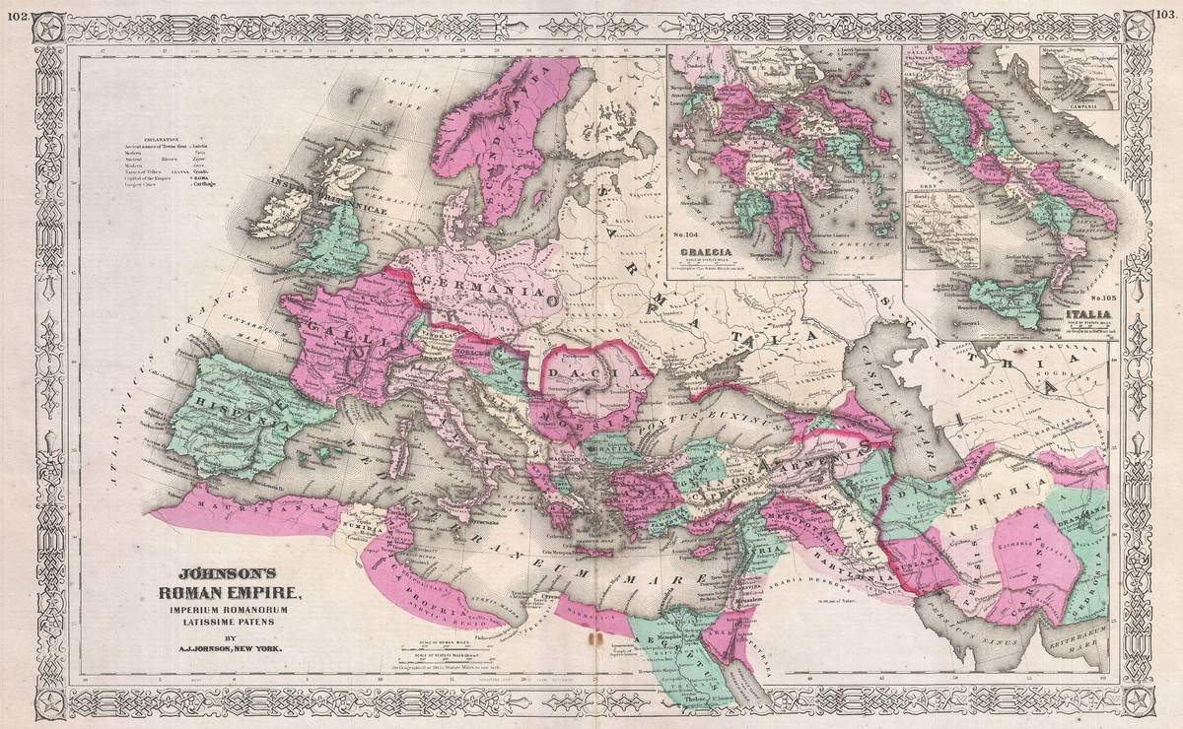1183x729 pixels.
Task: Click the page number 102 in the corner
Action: (x=15, y=11)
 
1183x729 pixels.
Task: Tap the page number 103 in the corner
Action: (x=1167, y=11)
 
